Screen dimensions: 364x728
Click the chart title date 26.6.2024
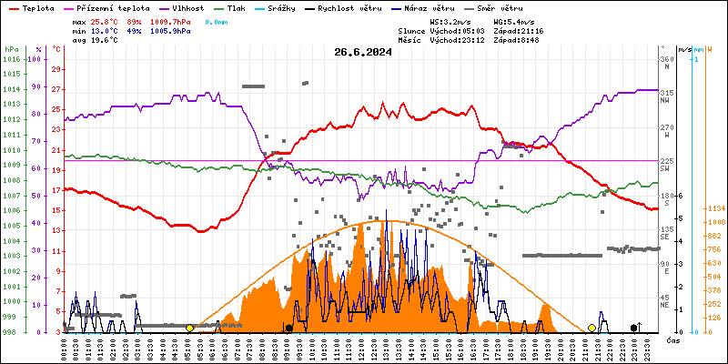point(363,52)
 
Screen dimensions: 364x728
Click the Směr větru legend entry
point(518,7)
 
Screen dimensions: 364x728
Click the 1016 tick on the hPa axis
point(11,59)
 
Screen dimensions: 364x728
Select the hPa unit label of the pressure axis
point(10,49)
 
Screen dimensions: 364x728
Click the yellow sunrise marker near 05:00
point(189,328)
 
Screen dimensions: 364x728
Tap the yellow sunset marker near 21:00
point(591,328)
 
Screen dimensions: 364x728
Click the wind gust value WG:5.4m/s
point(513,21)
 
